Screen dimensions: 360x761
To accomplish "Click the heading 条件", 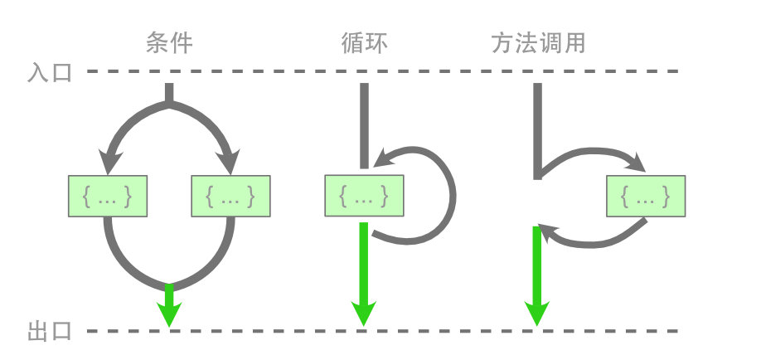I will (x=168, y=42).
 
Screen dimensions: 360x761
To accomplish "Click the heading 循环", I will (x=363, y=42).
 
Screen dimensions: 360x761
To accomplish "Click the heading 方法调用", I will (x=538, y=42).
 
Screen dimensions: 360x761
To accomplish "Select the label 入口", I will (x=51, y=72).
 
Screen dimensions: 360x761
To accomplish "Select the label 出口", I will (x=51, y=332).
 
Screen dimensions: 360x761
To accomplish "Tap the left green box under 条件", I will (x=107, y=197).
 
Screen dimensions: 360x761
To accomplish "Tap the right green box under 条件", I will (x=230, y=197).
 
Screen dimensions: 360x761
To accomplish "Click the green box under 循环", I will (x=364, y=197).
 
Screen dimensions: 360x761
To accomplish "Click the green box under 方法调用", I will (x=646, y=197).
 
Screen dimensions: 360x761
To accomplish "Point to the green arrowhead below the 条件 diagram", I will (x=169, y=314).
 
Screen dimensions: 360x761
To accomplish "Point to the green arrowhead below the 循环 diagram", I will (x=363, y=314).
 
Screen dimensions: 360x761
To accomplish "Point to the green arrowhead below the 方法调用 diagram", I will (x=537, y=314).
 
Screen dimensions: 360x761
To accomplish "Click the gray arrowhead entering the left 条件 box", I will (x=108, y=159).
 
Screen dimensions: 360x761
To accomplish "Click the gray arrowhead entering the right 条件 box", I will (x=230, y=159).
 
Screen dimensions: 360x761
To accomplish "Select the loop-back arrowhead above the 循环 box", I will (x=383, y=158).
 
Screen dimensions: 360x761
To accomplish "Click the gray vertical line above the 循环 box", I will (x=363, y=124).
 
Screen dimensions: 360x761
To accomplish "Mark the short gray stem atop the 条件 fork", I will (x=169, y=93).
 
